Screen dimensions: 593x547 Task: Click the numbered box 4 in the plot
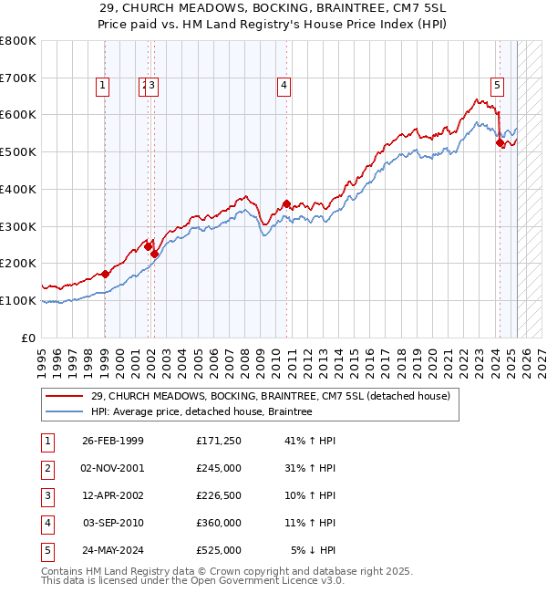pyautogui.click(x=284, y=87)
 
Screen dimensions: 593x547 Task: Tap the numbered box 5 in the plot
pyautogui.click(x=498, y=87)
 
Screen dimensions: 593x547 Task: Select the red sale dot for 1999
pyautogui.click(x=105, y=274)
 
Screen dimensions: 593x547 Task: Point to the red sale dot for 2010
pyautogui.click(x=286, y=203)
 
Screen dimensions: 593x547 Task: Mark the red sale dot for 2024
pyautogui.click(x=500, y=142)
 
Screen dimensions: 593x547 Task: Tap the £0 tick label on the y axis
pyautogui.click(x=28, y=338)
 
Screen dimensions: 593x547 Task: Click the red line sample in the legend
pyautogui.click(x=65, y=397)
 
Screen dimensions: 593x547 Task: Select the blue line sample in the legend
pyautogui.click(x=65, y=412)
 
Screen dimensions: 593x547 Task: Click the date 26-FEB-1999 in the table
pyautogui.click(x=113, y=441)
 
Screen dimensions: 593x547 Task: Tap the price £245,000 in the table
pyautogui.click(x=219, y=468)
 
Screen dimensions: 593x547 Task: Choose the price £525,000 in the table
pyautogui.click(x=219, y=550)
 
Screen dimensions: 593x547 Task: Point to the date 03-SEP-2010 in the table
pyautogui.click(x=113, y=523)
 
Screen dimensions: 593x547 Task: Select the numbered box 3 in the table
pyautogui.click(x=48, y=495)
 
